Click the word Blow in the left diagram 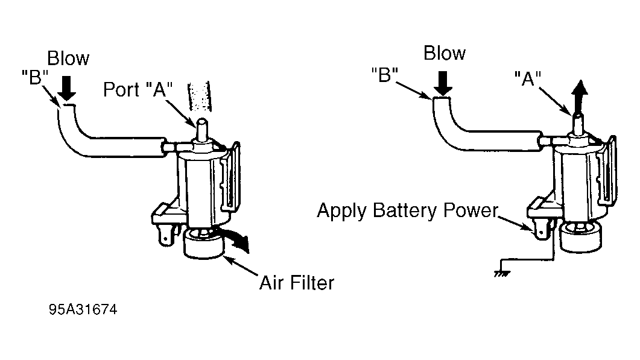[68, 58]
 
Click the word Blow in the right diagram [445, 53]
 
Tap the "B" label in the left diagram [35, 77]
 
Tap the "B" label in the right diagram [384, 75]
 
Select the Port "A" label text [138, 89]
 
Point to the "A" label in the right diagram [528, 78]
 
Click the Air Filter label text [297, 283]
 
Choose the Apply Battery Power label [407, 210]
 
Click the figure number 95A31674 [83, 309]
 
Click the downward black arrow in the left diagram [66, 88]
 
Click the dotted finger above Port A [199, 96]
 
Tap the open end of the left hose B [66, 106]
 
